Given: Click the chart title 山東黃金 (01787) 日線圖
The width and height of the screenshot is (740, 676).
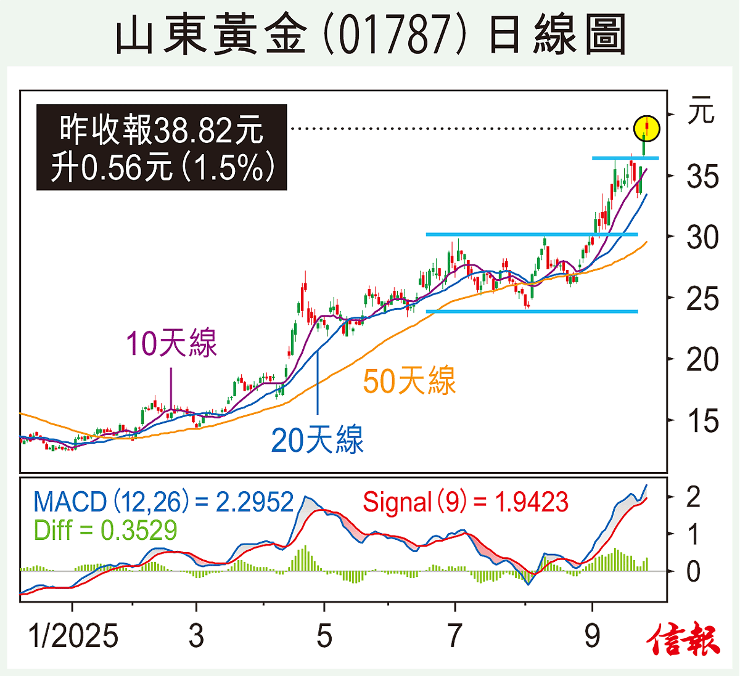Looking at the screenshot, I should (x=370, y=35).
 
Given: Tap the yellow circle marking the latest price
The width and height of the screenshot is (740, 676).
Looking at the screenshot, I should (x=647, y=129).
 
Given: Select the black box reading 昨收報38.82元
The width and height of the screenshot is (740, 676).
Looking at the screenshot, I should (x=162, y=147).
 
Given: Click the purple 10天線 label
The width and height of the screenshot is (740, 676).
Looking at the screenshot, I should (x=171, y=344).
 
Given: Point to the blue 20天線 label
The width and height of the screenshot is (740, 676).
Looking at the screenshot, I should (x=317, y=441).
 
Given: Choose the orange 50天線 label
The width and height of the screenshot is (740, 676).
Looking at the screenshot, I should (x=409, y=380).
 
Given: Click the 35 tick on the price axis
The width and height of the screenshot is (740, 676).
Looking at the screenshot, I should (x=702, y=177).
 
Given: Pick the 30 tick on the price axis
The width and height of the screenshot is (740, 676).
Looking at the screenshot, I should (x=702, y=237).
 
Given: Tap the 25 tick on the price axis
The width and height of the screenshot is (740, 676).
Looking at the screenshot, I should (x=702, y=299).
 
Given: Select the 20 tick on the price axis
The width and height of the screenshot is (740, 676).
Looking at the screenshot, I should (x=702, y=359).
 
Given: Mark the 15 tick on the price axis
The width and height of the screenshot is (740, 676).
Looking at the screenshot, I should (x=702, y=421).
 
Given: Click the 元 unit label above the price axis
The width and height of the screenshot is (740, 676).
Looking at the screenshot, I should (x=701, y=112).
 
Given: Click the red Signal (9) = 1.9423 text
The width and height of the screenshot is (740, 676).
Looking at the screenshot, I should (x=465, y=502).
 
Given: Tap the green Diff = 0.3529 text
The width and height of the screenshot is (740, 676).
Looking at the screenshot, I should (x=105, y=530).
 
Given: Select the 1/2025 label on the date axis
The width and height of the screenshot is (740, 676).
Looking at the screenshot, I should (x=73, y=636).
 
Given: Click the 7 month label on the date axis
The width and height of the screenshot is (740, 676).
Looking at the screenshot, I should (x=454, y=636).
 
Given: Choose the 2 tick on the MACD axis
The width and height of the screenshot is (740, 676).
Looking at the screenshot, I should (x=693, y=497).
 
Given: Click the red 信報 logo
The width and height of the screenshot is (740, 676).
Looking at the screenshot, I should (x=683, y=640).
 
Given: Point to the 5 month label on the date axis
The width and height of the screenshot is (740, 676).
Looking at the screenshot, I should (x=324, y=636).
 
